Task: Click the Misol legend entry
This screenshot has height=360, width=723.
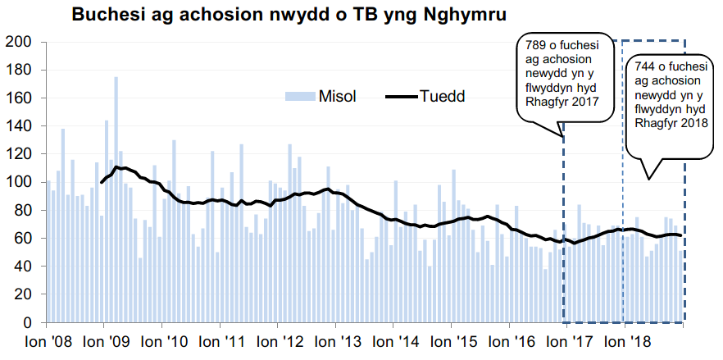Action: [x=332, y=97]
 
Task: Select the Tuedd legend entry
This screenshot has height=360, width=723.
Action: [x=442, y=97]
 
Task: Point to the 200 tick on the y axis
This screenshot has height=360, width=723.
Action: [x=18, y=42]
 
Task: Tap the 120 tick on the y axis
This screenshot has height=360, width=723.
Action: [x=18, y=154]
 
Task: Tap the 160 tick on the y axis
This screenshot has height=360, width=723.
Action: [x=18, y=98]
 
